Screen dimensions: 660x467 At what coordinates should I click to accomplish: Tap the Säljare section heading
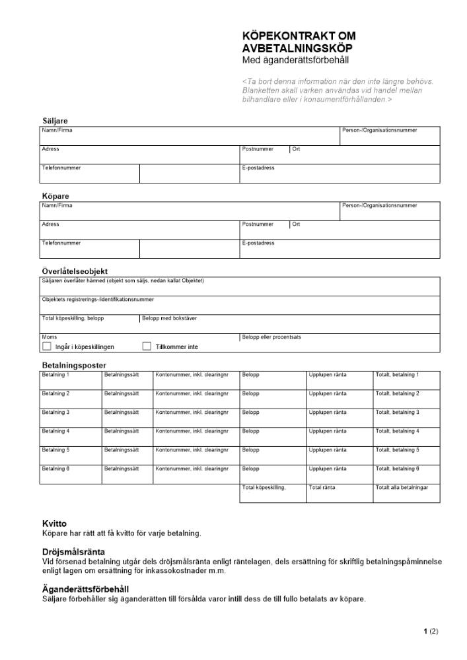point(55,121)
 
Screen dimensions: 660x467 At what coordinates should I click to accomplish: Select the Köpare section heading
point(55,197)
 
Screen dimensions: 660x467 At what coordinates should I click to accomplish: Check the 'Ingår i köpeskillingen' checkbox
point(47,346)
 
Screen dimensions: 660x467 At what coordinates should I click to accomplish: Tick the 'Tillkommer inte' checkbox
point(147,346)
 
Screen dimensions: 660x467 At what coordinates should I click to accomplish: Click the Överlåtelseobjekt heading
point(75,271)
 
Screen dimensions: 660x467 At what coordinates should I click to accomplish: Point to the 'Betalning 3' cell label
point(55,412)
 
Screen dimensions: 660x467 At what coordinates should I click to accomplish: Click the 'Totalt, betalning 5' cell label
point(397,450)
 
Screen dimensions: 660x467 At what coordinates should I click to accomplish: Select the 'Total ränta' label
point(322,488)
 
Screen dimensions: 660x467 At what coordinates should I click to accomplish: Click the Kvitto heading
point(54,523)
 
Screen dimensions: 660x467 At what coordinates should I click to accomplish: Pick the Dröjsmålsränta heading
point(73,552)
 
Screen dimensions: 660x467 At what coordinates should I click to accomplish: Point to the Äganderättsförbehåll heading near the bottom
point(85,589)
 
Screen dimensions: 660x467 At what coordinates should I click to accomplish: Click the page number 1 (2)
point(430,632)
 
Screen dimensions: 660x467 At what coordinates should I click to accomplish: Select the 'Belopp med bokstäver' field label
point(169,318)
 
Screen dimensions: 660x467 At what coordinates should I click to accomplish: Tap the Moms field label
point(49,337)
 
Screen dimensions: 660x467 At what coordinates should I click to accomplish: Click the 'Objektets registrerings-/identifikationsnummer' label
point(98,300)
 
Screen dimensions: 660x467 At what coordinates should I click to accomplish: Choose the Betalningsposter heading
point(74,366)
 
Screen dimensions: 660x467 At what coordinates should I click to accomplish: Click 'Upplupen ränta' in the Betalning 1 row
point(327,375)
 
